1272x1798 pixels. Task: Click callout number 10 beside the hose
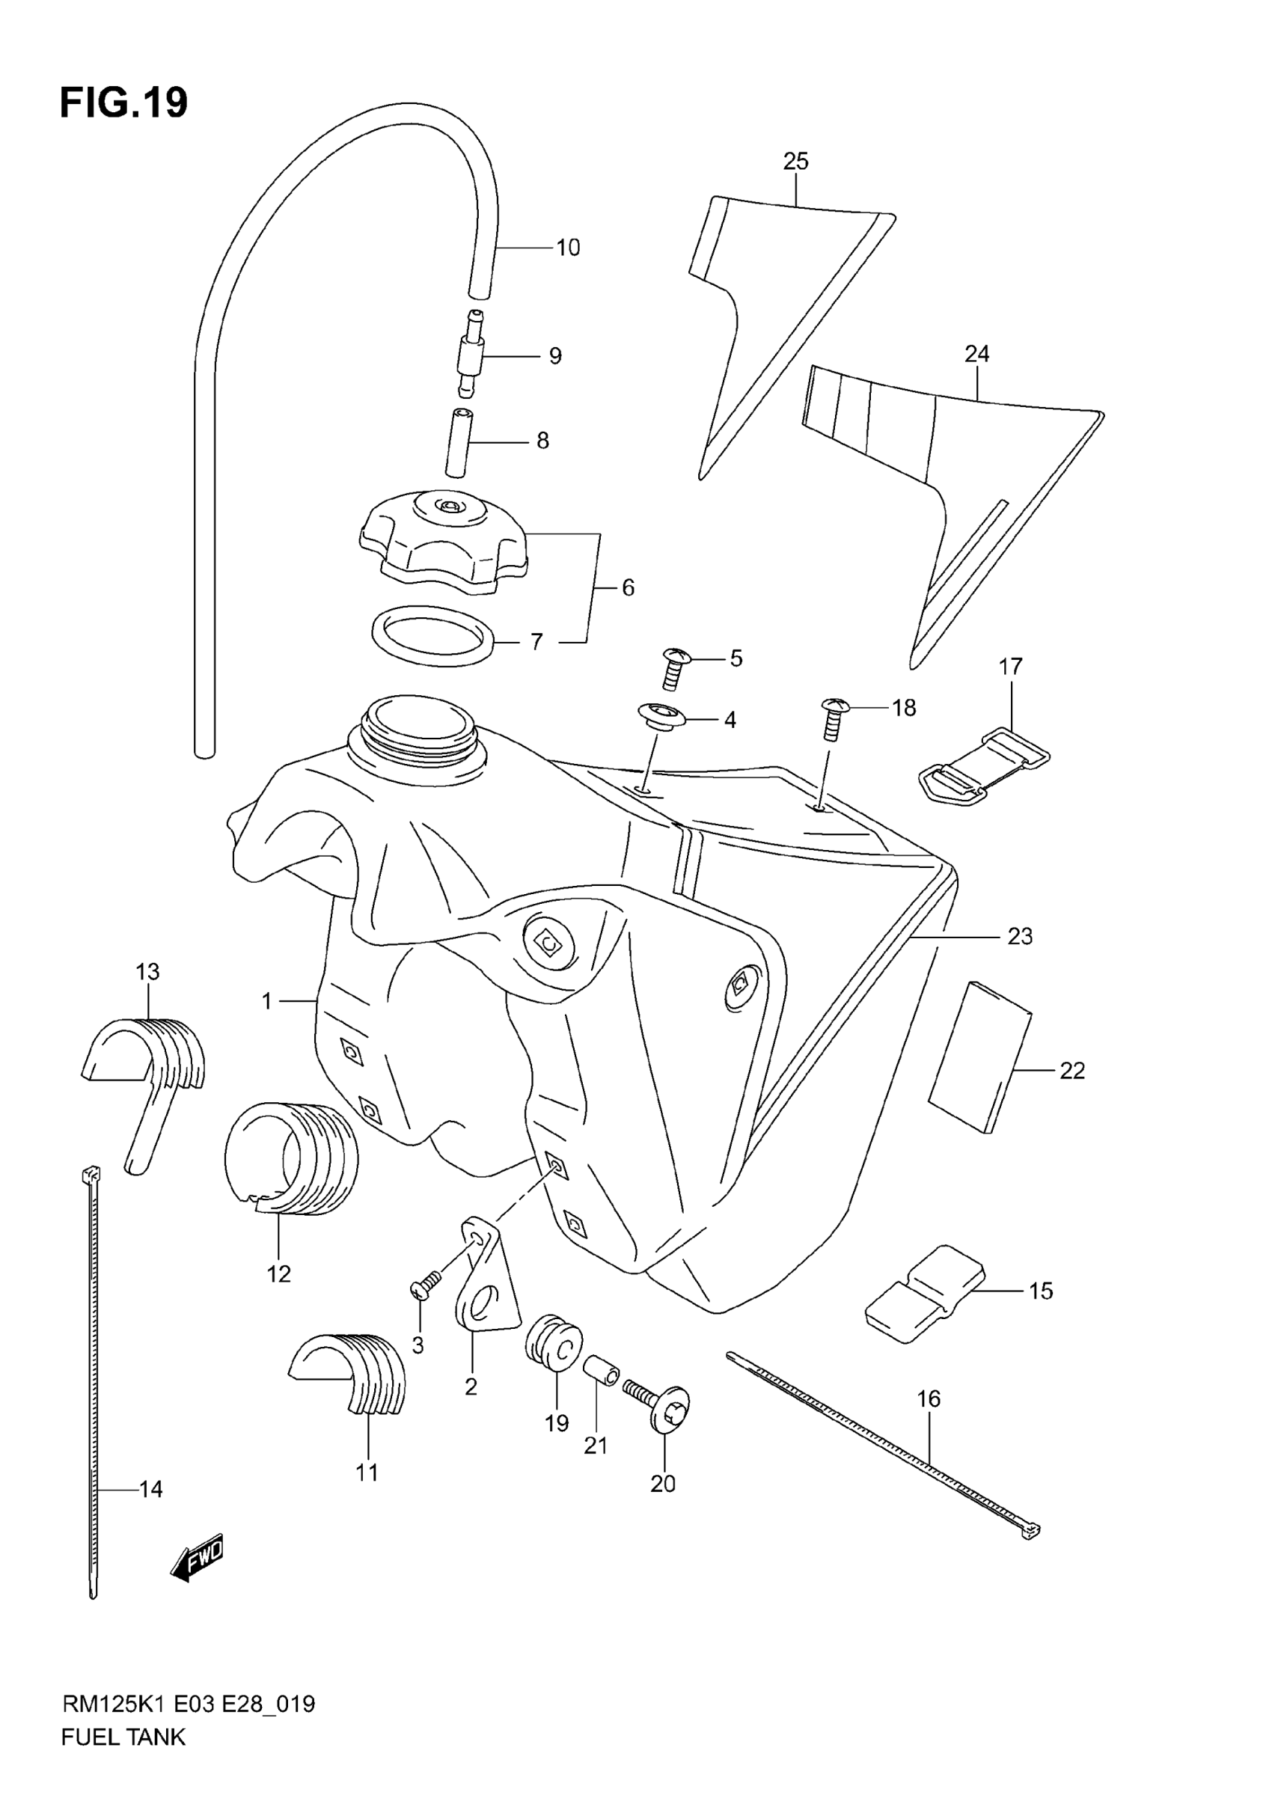(x=568, y=248)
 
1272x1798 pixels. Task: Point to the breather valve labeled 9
(x=470, y=355)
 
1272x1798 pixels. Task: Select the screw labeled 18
(x=833, y=718)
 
